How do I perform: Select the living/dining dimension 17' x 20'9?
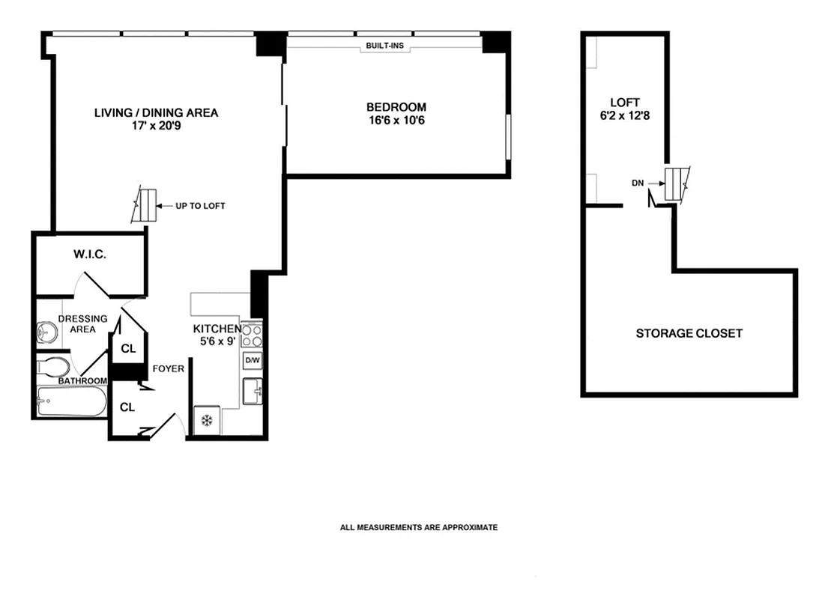pos(156,127)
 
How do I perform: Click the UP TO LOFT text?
pos(200,206)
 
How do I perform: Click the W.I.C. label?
pos(90,255)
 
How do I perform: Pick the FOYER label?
pos(169,369)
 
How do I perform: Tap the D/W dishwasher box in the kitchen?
pos(253,361)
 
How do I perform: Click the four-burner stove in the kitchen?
pos(253,335)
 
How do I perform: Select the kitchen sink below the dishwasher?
pos(253,391)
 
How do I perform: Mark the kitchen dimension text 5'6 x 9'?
pos(217,335)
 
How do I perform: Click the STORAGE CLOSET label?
pos(689,333)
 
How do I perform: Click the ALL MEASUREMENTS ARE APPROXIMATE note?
pos(418,528)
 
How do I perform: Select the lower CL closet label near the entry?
pos(127,407)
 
